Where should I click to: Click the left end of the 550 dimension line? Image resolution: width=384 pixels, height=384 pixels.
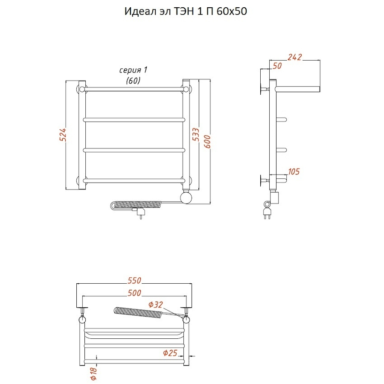(77, 284)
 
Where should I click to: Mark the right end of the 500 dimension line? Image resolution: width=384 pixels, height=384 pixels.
(186, 296)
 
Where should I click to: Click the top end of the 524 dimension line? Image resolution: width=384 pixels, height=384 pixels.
(66, 81)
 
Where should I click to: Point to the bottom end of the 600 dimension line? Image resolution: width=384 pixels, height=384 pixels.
(210, 204)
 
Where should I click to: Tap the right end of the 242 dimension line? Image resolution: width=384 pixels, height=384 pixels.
(320, 60)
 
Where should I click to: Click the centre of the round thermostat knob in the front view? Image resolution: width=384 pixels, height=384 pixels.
(186, 198)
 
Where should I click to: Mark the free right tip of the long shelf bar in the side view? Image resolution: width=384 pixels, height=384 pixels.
(320, 89)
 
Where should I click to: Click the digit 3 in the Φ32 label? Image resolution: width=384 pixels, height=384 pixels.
(156, 304)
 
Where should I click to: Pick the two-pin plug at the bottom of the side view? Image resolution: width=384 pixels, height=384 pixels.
(267, 213)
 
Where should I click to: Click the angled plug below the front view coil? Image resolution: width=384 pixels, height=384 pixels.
(139, 212)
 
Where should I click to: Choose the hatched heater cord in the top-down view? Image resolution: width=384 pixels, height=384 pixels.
(138, 312)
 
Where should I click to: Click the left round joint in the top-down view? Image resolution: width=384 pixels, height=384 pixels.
(82, 320)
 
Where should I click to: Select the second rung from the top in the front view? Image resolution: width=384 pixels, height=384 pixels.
(134, 120)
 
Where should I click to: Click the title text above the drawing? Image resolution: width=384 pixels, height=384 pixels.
(186, 11)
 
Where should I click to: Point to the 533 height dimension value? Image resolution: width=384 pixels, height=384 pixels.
(196, 134)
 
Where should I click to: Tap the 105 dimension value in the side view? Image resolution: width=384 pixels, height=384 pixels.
(294, 172)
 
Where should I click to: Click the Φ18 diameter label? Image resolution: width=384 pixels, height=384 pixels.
(94, 374)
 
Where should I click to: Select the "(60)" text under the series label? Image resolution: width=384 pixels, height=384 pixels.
(133, 80)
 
